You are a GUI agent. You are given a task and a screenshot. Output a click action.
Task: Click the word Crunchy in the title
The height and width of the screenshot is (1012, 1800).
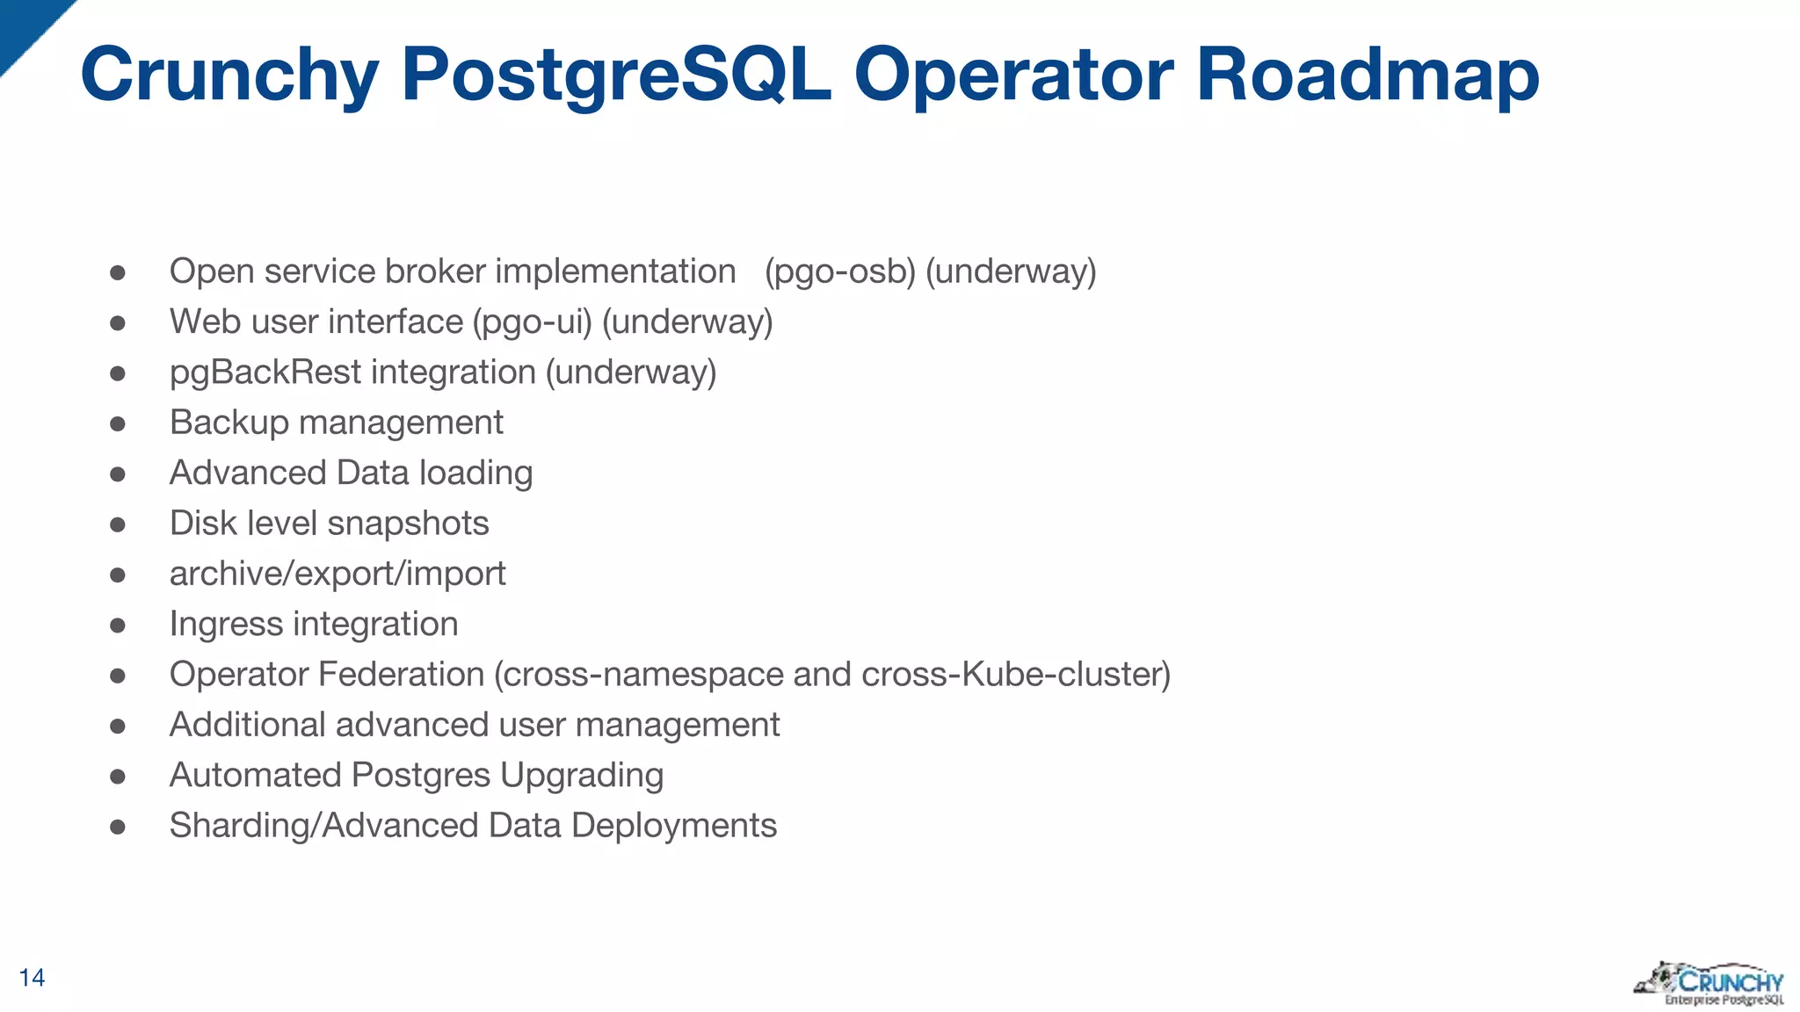coord(229,76)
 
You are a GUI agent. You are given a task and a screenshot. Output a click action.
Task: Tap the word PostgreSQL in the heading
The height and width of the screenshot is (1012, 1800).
coord(616,76)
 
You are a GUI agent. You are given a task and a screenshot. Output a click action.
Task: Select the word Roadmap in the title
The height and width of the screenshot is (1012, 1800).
coord(1368,76)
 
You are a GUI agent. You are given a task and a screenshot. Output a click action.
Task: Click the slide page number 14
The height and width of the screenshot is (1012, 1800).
coord(32,978)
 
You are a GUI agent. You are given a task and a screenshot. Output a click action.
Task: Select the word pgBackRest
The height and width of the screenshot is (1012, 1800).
coord(265,372)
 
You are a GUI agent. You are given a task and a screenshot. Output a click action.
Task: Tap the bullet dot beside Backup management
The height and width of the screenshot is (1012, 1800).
coord(118,424)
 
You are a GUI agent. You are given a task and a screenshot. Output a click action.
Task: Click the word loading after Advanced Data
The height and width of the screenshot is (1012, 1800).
coord(475,473)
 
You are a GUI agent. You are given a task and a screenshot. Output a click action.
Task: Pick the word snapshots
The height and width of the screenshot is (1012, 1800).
coord(408,524)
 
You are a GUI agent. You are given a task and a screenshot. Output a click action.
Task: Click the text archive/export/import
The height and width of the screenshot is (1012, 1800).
coord(337,574)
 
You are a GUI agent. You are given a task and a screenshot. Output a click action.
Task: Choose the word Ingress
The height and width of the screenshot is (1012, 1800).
coord(226,625)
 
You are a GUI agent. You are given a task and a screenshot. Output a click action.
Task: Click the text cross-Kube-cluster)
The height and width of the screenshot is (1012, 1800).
coord(1016,675)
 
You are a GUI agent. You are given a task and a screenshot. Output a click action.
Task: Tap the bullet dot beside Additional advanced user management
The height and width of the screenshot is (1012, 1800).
coord(118,726)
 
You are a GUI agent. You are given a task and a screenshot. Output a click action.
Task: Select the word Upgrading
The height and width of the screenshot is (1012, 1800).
coord(582,776)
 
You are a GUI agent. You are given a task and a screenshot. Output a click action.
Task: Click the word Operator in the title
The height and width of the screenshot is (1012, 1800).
coord(1013,76)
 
